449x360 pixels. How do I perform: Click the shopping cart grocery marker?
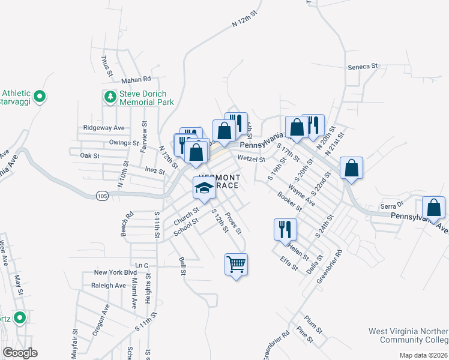[236, 263]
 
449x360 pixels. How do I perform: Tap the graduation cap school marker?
[203, 188]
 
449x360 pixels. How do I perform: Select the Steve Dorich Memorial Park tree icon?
[110, 96]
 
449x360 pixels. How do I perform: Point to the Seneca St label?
[362, 65]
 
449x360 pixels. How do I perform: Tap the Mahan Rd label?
[135, 79]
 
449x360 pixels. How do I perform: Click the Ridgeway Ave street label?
[104, 128]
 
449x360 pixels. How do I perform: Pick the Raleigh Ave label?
[109, 286]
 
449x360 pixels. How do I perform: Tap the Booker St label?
[289, 202]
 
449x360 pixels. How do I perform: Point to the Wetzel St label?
[251, 159]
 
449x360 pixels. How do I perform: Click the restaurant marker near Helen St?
[285, 229]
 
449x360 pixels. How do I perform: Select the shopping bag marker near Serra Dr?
[433, 208]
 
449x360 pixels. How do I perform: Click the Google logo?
[19, 353]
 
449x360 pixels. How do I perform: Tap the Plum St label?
[314, 320]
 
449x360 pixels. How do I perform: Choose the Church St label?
[187, 214]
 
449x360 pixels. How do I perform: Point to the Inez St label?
[155, 170]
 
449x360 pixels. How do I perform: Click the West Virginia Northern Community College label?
[408, 336]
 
